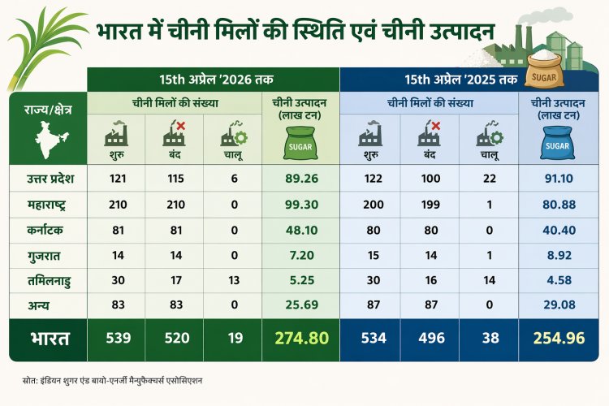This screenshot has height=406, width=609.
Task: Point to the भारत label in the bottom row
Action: point(46,338)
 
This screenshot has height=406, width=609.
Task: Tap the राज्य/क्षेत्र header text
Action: point(47,110)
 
